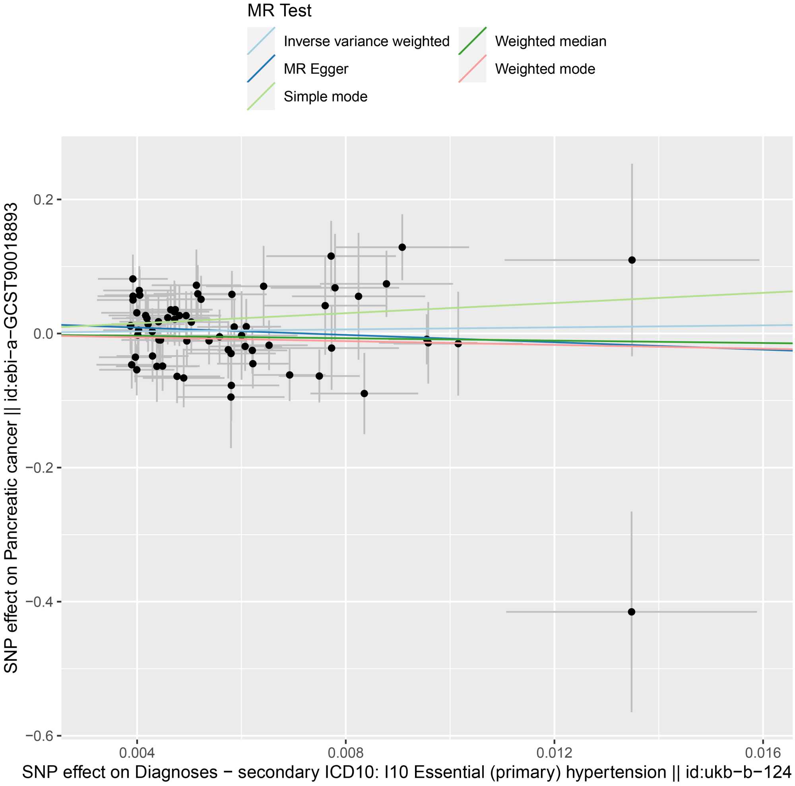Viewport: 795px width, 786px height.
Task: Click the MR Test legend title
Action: (x=279, y=11)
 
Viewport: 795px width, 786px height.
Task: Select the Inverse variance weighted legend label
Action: (x=366, y=41)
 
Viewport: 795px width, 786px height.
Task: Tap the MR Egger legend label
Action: (x=316, y=69)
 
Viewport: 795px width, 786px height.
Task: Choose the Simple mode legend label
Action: (x=325, y=96)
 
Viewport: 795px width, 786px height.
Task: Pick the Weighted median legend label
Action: (x=551, y=41)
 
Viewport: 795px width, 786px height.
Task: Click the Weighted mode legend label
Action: (x=545, y=69)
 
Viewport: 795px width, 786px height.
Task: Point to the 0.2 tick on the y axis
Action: (x=44, y=200)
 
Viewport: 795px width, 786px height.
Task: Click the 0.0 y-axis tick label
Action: (x=44, y=333)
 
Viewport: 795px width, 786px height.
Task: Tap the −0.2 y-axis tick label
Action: (x=40, y=468)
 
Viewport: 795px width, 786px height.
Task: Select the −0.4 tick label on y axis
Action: (x=40, y=601)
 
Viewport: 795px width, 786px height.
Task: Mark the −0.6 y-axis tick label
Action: (x=40, y=736)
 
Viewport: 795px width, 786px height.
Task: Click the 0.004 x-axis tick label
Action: (x=137, y=753)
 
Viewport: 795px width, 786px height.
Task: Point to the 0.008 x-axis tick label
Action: (x=346, y=753)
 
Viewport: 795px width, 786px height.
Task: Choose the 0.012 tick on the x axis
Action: (x=554, y=753)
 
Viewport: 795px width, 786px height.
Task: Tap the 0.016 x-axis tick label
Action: (x=763, y=753)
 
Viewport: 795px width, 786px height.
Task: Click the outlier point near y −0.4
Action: (x=632, y=612)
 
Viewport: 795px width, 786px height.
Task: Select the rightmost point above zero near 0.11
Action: (x=632, y=260)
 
